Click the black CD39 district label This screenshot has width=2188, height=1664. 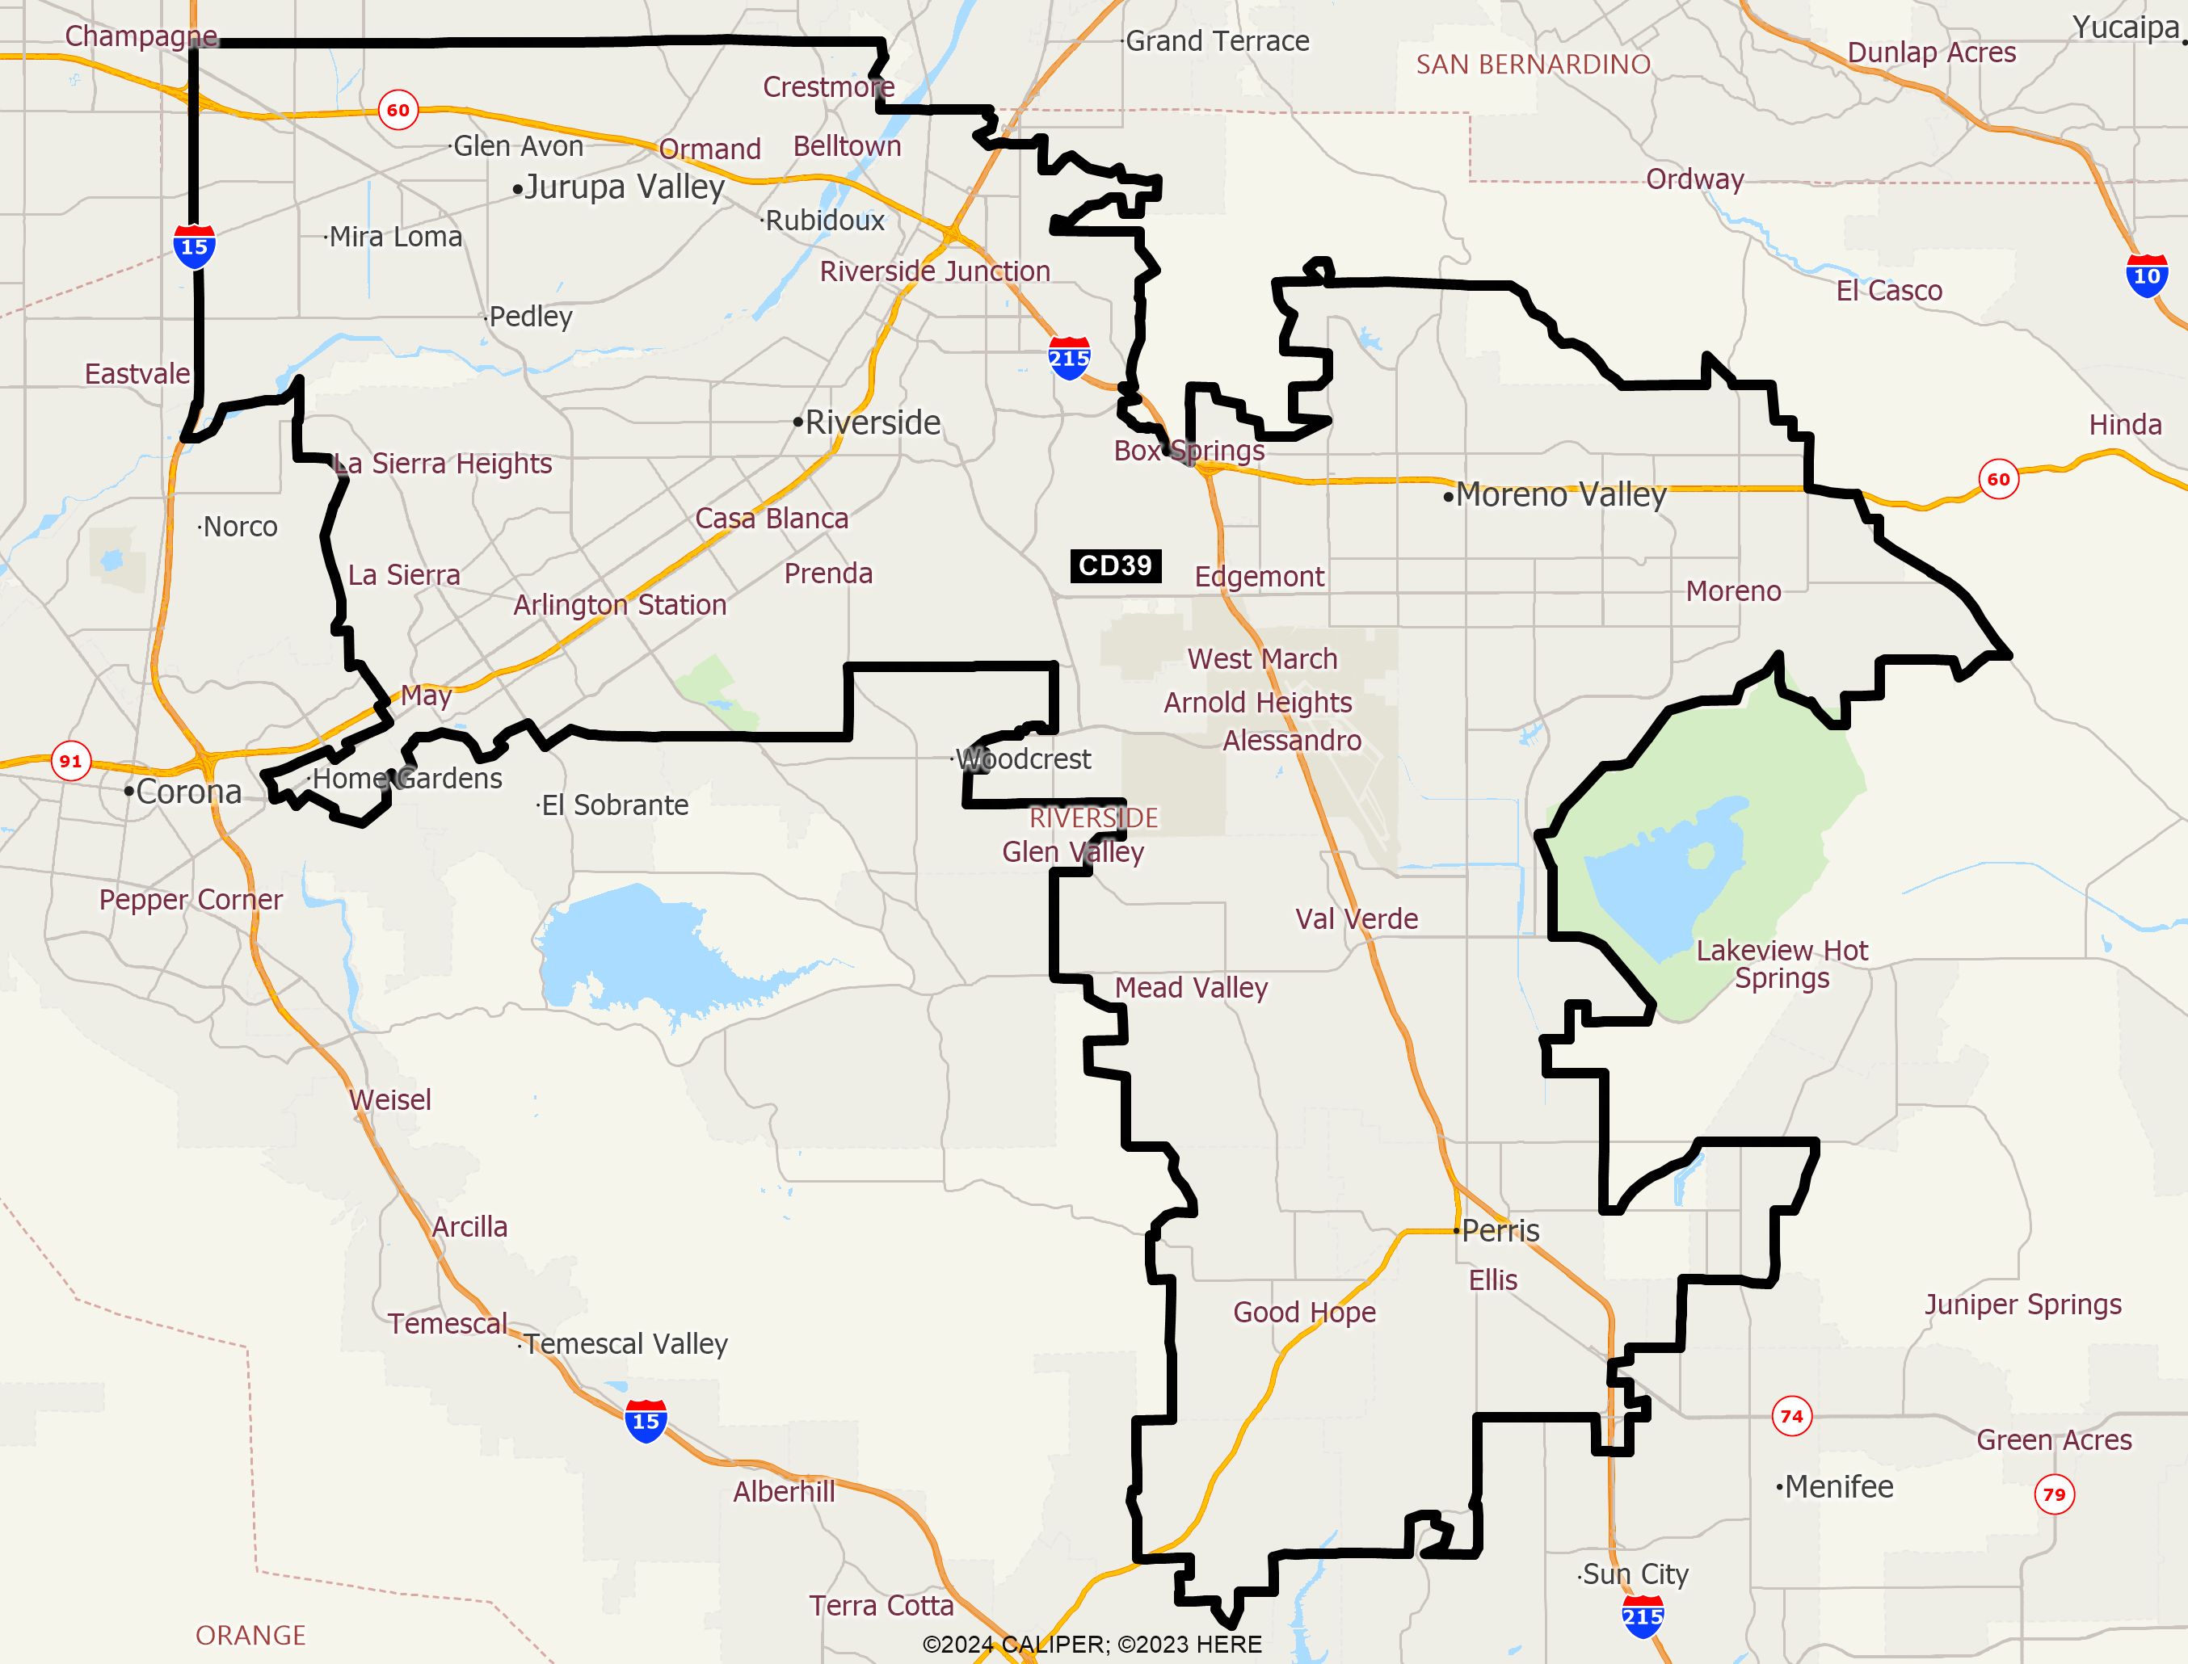1115,565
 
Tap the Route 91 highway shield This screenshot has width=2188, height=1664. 70,761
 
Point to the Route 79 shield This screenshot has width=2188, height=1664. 2055,1494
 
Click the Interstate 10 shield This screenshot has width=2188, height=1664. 2147,275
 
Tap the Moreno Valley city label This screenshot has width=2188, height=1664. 1561,494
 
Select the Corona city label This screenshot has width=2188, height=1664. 188,792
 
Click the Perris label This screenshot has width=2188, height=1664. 1500,1230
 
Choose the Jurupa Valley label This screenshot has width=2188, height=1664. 624,187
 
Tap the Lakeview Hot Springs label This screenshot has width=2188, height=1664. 1782,964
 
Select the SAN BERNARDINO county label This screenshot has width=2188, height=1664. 1534,65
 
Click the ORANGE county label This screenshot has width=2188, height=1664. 250,1634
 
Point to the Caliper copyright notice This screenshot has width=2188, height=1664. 1092,1644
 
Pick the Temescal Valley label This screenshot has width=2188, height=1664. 625,1343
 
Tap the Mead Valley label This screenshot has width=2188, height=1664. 1191,988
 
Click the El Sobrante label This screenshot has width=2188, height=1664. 614,805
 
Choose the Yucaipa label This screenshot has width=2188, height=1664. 2126,27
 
